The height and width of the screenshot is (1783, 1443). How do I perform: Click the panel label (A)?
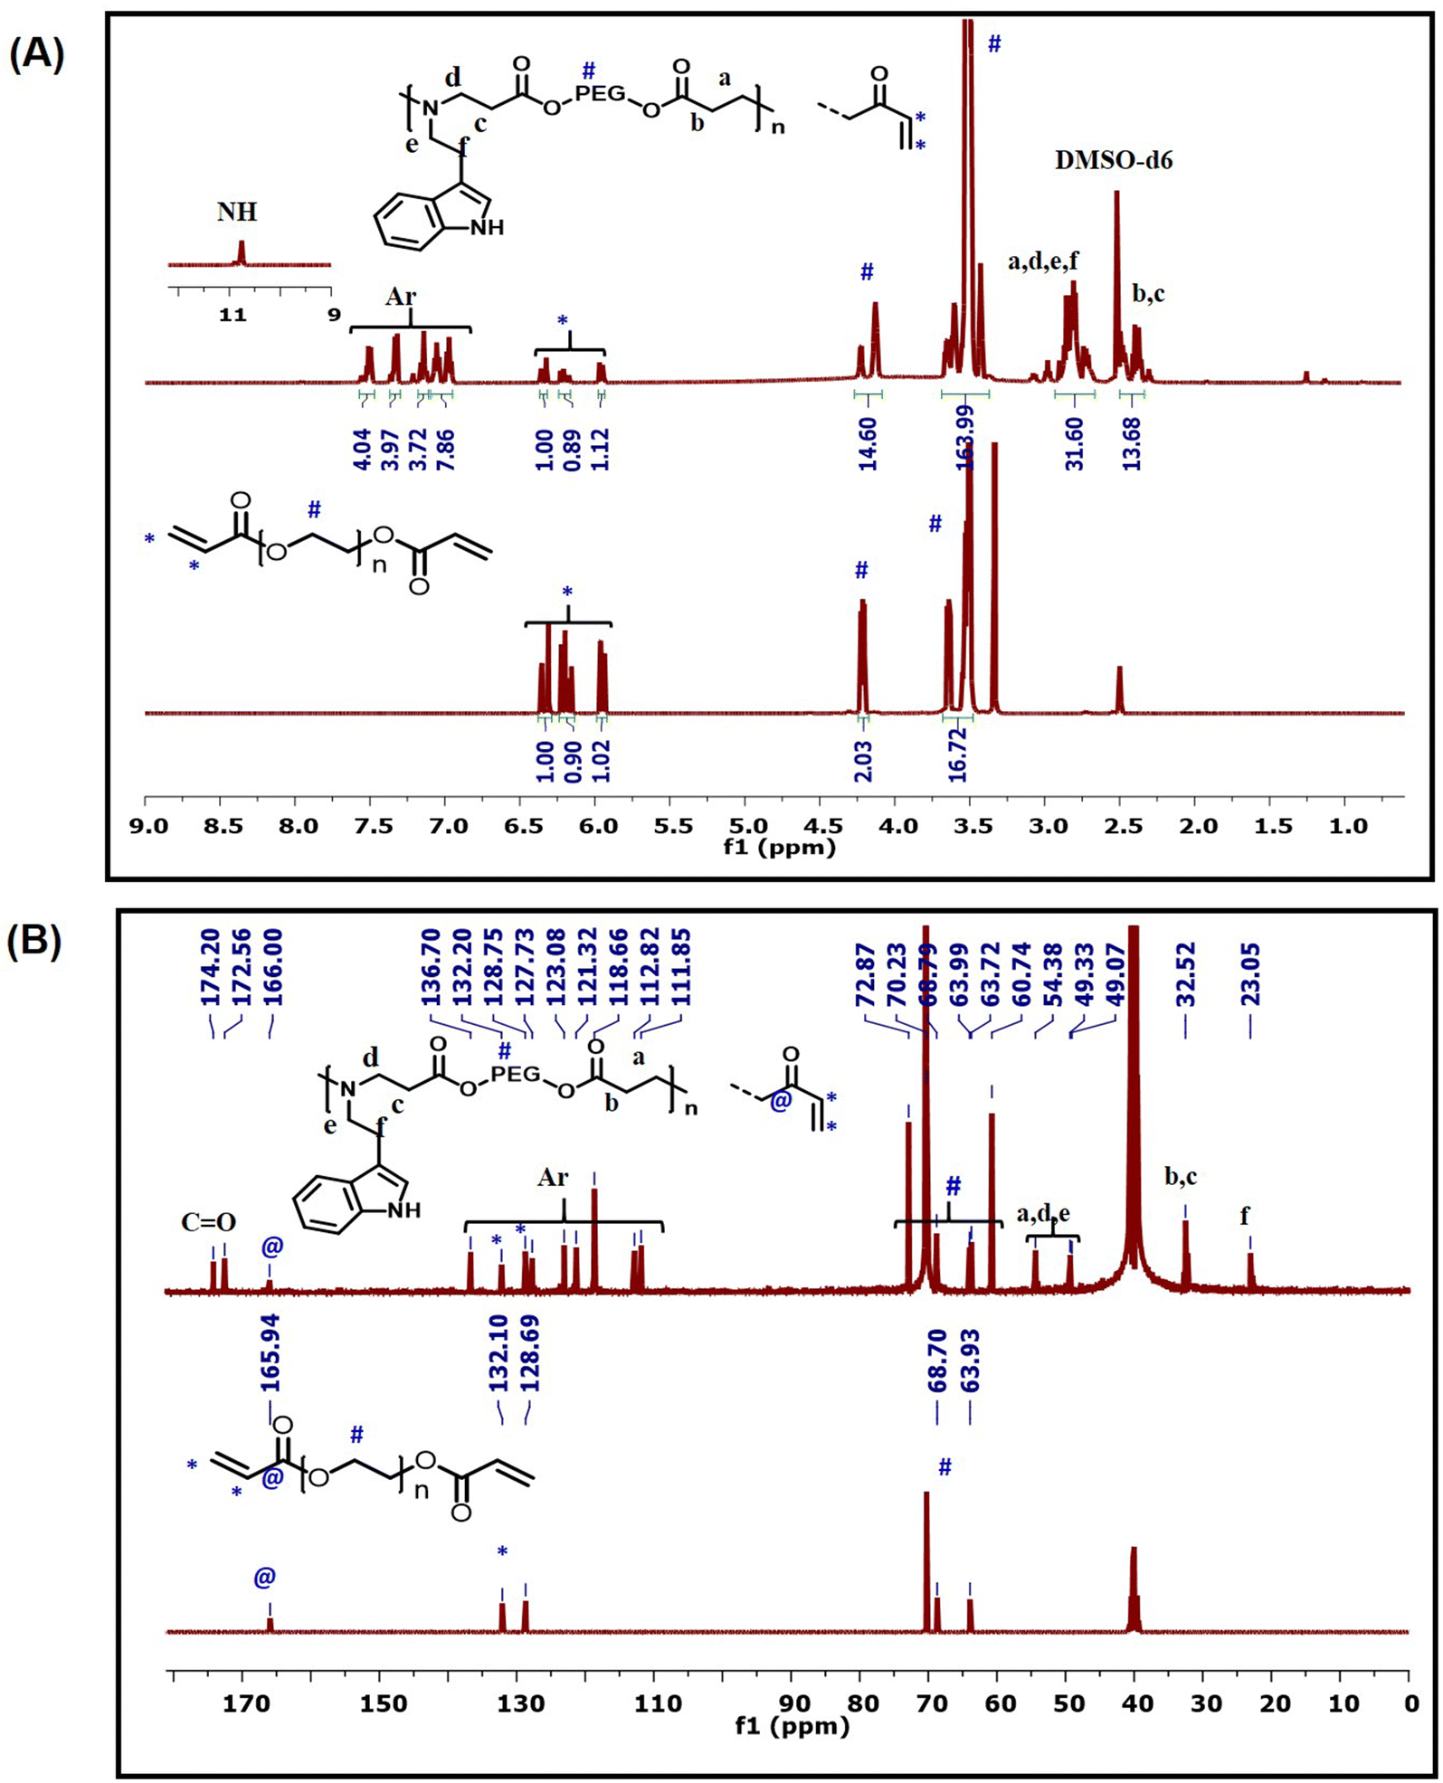(x=37, y=55)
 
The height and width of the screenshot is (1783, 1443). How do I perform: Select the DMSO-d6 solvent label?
(x=1114, y=161)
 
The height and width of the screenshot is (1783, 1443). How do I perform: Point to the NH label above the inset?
(x=237, y=212)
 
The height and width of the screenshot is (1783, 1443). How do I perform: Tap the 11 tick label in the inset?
(x=233, y=315)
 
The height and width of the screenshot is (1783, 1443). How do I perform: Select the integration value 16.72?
(x=958, y=754)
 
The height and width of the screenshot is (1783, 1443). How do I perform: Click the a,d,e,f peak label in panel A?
(x=1043, y=262)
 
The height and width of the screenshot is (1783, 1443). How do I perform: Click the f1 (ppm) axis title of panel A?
(x=779, y=848)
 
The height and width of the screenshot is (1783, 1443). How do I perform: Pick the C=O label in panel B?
(x=209, y=1223)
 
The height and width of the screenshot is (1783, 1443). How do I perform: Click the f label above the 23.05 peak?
(x=1245, y=1218)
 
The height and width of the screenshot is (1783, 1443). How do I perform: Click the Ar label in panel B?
(x=553, y=1177)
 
